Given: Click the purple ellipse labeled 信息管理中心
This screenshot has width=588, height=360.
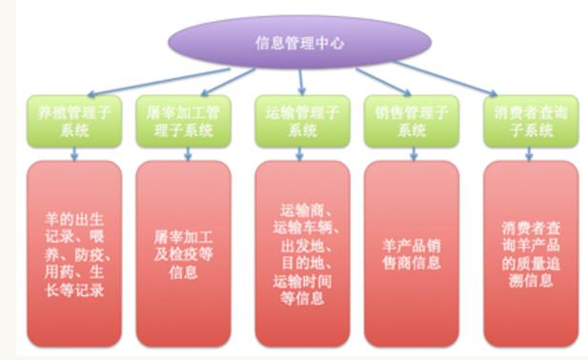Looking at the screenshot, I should tap(297, 42).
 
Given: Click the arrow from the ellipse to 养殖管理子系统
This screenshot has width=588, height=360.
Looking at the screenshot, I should tap(152, 79).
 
